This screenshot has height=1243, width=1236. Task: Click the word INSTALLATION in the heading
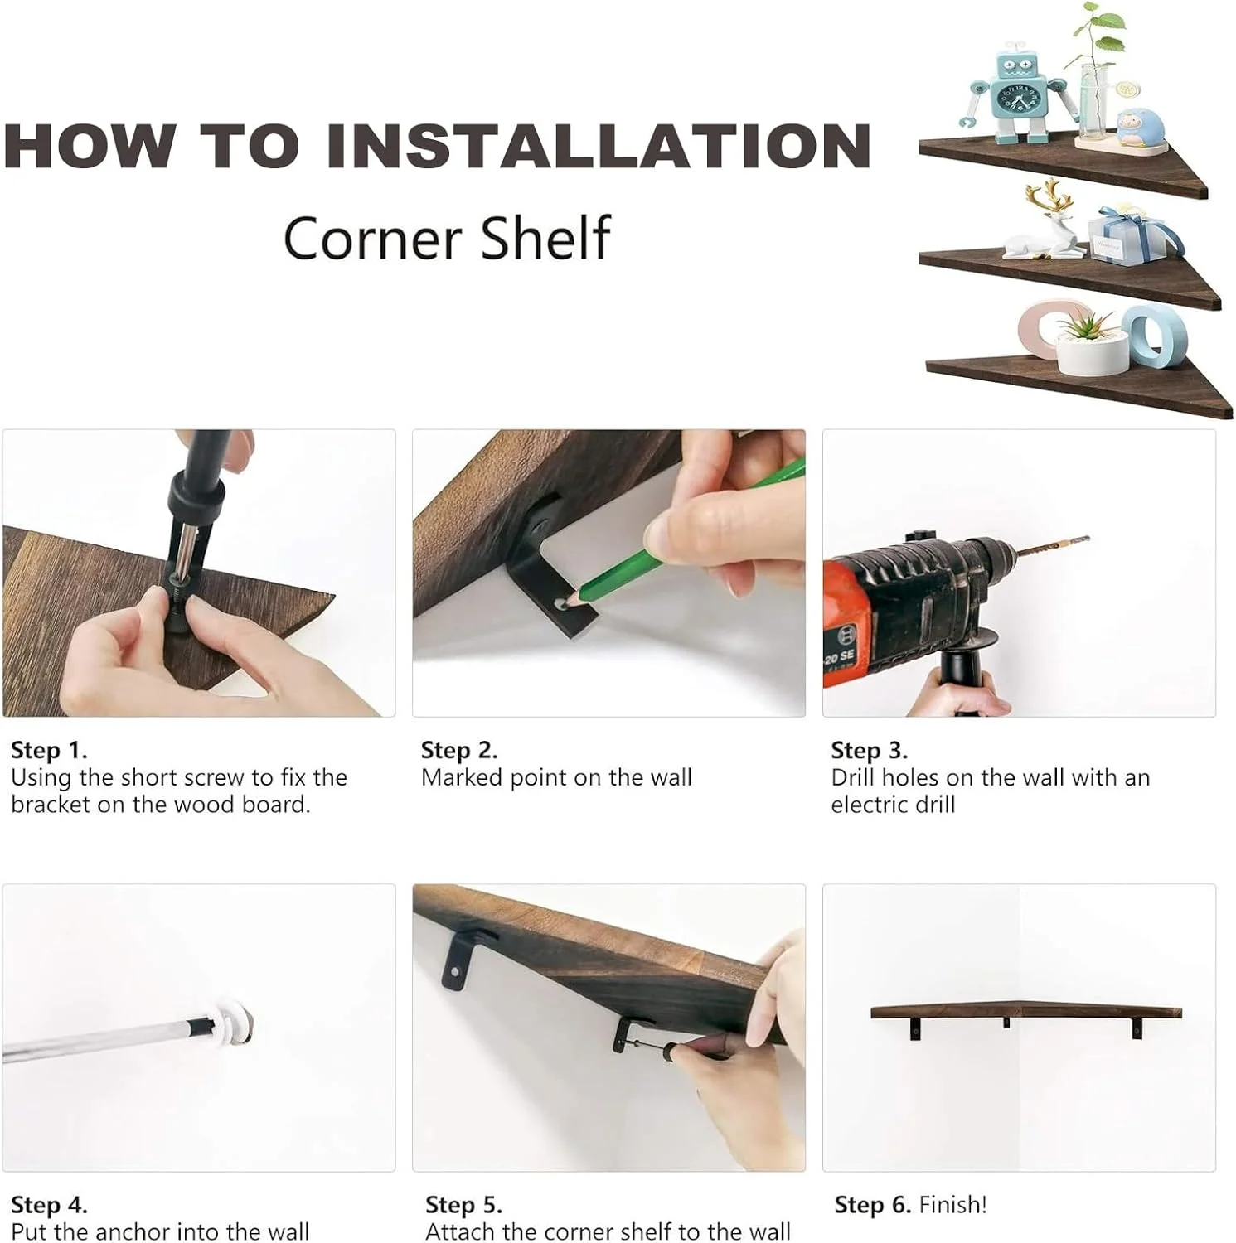(x=599, y=146)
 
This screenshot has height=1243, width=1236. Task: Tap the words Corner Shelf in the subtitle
(x=447, y=238)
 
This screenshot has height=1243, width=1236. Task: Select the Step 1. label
(x=49, y=750)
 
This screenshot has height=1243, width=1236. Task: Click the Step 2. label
(x=459, y=750)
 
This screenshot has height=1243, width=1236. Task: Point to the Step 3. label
(x=870, y=750)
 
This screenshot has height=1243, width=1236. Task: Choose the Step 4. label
(x=49, y=1204)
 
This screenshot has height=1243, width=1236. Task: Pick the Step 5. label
(x=463, y=1204)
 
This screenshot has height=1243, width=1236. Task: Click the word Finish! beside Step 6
(x=953, y=1204)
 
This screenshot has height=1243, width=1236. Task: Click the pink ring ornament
(x=1041, y=330)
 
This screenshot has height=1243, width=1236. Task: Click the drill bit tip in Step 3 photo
(x=1088, y=539)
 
